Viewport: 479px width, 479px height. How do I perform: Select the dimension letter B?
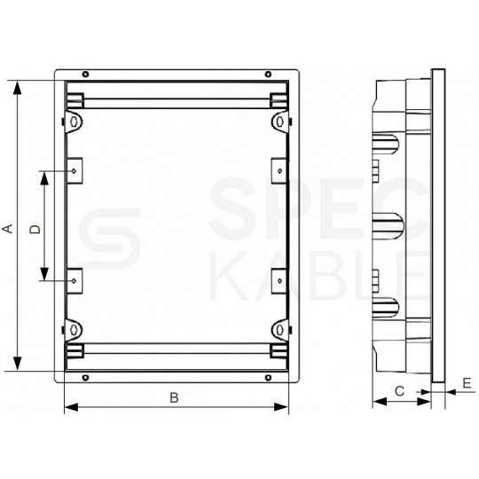pyautogui.click(x=175, y=397)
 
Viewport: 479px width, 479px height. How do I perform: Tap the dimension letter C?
pyautogui.click(x=400, y=390)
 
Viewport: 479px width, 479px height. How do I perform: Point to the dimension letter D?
pyautogui.click(x=35, y=229)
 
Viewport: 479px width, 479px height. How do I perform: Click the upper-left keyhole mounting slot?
pyautogui.click(x=74, y=120)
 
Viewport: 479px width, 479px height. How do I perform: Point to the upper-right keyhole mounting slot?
pyautogui.click(x=279, y=120)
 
